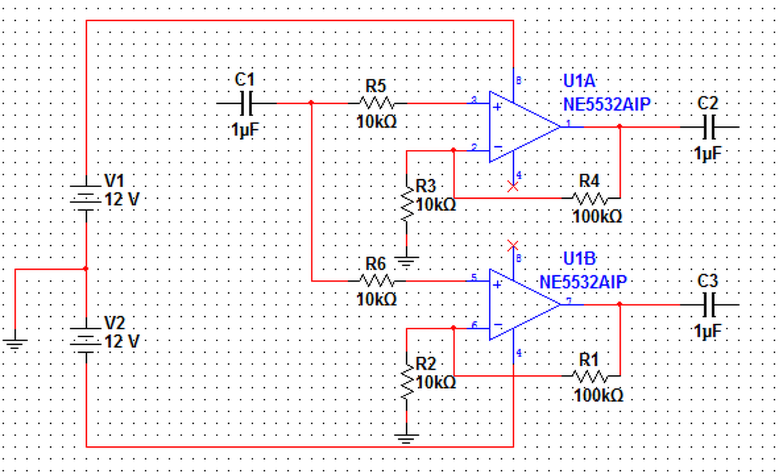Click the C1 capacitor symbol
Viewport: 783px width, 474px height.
(x=247, y=103)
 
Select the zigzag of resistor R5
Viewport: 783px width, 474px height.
(x=377, y=103)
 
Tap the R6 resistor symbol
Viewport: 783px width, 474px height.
(x=377, y=281)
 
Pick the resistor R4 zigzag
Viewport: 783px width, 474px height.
(x=590, y=198)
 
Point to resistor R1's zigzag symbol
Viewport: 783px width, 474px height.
(x=590, y=376)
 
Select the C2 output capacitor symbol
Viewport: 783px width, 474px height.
(x=709, y=127)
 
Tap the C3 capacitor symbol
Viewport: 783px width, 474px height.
(x=709, y=305)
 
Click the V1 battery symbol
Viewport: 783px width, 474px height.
(x=86, y=198)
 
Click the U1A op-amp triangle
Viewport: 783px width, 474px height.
(x=524, y=127)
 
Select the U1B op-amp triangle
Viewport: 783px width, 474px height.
(x=524, y=305)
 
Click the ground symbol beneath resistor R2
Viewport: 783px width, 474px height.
(x=407, y=439)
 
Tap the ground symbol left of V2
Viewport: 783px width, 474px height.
(x=15, y=344)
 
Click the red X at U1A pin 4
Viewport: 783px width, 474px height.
(x=513, y=187)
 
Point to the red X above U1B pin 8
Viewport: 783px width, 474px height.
(x=513, y=246)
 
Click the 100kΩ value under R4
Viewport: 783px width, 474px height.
(x=598, y=217)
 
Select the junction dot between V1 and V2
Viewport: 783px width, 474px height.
(x=86, y=269)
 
